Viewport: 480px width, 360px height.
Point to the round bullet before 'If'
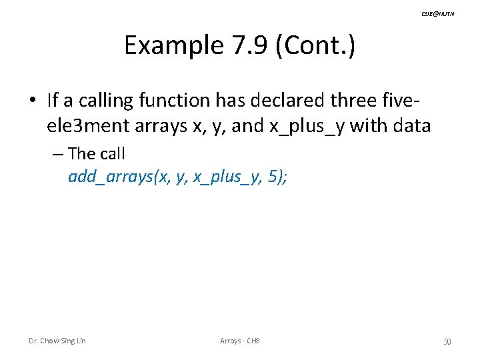click(33, 101)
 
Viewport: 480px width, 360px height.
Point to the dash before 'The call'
click(57, 154)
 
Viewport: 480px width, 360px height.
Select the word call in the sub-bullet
click(111, 154)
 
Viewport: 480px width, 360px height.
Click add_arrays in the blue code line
click(108, 178)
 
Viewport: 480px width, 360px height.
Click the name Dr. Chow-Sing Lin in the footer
click(57, 341)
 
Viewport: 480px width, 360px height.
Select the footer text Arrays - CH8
click(239, 341)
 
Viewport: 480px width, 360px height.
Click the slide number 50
click(447, 342)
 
